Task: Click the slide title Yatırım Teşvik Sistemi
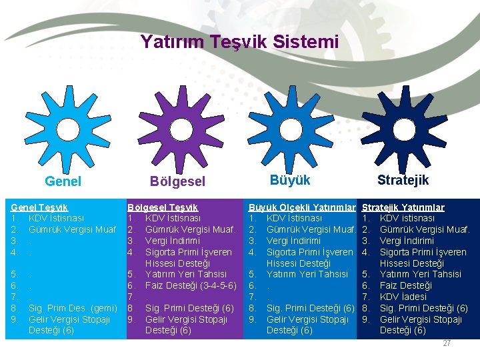click(x=239, y=42)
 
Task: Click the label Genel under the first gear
click(x=63, y=181)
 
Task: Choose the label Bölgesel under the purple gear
click(x=177, y=181)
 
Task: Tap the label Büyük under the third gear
click(x=290, y=179)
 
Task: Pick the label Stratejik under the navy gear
click(x=403, y=180)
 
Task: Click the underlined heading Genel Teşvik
click(x=40, y=207)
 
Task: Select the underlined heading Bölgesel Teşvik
click(x=163, y=207)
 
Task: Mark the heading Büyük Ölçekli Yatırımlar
click(x=301, y=207)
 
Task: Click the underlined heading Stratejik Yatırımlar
click(x=403, y=207)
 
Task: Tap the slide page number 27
click(x=447, y=343)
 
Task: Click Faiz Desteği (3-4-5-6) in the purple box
click(x=191, y=285)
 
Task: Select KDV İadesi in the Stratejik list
click(x=403, y=297)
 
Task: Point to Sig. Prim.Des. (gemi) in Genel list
click(x=73, y=308)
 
